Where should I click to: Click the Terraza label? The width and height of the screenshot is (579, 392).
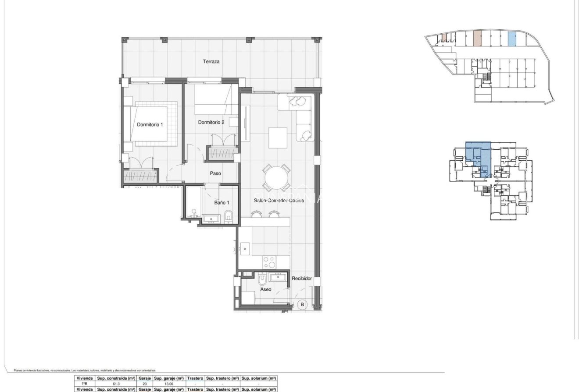tap(211, 62)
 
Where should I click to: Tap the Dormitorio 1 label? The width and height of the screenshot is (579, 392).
tap(150, 125)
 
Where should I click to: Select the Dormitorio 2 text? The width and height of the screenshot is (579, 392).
tap(211, 123)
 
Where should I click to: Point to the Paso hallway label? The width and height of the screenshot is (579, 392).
tap(215, 173)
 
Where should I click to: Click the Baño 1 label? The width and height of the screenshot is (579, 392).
tap(222, 203)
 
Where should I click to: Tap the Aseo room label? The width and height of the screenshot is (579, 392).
tap(265, 290)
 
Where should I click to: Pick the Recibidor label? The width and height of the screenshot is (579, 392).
tap(302, 279)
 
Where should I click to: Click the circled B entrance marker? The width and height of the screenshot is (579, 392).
tap(302, 304)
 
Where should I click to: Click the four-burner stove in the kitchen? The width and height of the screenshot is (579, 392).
tap(269, 262)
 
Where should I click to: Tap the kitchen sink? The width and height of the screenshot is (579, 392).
tap(245, 249)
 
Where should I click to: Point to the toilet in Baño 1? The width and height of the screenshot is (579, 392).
tap(228, 216)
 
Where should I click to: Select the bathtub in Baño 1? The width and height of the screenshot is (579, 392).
tap(193, 203)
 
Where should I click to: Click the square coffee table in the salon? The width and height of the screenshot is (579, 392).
tap(278, 138)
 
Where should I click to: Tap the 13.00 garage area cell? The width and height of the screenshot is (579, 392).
tap(169, 384)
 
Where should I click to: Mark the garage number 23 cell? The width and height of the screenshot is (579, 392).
tap(144, 384)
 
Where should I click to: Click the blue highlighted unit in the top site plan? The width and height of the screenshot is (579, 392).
tap(511, 39)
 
